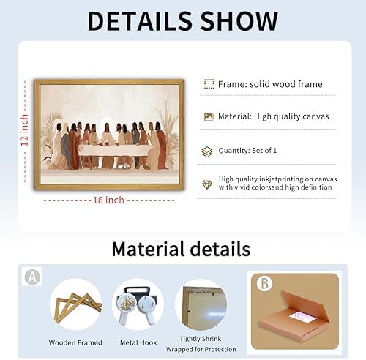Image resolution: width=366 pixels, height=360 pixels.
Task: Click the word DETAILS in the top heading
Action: (140, 21)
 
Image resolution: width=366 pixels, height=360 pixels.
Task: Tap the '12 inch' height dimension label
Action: (24, 130)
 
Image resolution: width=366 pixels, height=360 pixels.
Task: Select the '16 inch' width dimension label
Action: (108, 200)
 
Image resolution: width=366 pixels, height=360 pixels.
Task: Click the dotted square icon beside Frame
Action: (209, 84)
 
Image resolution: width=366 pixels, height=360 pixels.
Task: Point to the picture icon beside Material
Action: (208, 116)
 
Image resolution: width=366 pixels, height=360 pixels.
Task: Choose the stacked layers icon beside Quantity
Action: (207, 151)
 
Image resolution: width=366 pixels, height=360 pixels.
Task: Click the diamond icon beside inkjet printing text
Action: (207, 184)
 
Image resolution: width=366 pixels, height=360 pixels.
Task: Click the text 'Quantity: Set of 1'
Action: (247, 151)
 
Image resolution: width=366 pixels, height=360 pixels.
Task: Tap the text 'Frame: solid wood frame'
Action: (270, 84)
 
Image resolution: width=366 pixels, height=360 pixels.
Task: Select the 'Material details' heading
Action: (181, 249)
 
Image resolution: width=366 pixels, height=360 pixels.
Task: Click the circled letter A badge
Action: (33, 277)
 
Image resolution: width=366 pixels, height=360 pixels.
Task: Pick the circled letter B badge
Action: (264, 284)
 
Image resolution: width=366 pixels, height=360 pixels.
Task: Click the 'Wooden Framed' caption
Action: (75, 342)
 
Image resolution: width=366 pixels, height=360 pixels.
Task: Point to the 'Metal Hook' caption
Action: (138, 342)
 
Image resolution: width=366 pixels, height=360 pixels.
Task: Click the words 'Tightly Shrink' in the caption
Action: (201, 339)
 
